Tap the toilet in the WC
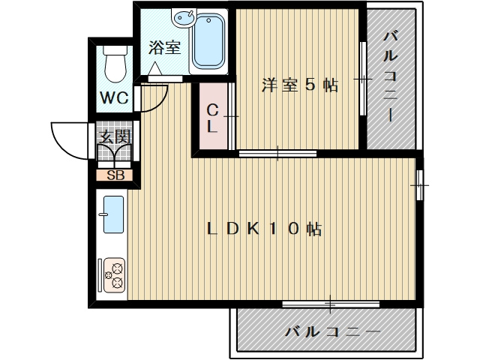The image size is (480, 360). coord(115,64)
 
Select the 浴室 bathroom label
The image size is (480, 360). coord(163,48)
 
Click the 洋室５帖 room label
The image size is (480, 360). coord(299,85)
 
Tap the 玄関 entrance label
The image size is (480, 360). coord(115,136)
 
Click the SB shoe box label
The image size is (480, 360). coord(115,176)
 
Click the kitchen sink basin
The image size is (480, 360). coord(112,214)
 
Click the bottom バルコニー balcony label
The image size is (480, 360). coord(333,331)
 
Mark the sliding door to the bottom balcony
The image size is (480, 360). coord(330,304)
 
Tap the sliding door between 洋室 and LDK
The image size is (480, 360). coord(277,154)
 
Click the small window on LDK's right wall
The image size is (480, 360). coord(421,181)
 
